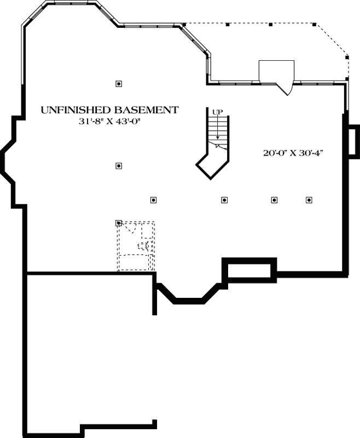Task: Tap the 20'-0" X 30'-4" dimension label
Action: coord(294,153)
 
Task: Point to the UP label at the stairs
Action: coord(218,112)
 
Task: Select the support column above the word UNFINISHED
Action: coord(119,84)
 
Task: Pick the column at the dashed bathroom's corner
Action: coord(119,223)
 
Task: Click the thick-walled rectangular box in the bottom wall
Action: coord(249,270)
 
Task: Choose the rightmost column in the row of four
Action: coord(309,200)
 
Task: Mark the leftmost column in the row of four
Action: coord(154,200)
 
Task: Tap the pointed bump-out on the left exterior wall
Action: coord(8,159)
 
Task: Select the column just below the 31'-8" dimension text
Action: coord(119,165)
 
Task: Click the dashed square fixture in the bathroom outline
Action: coord(147,230)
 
